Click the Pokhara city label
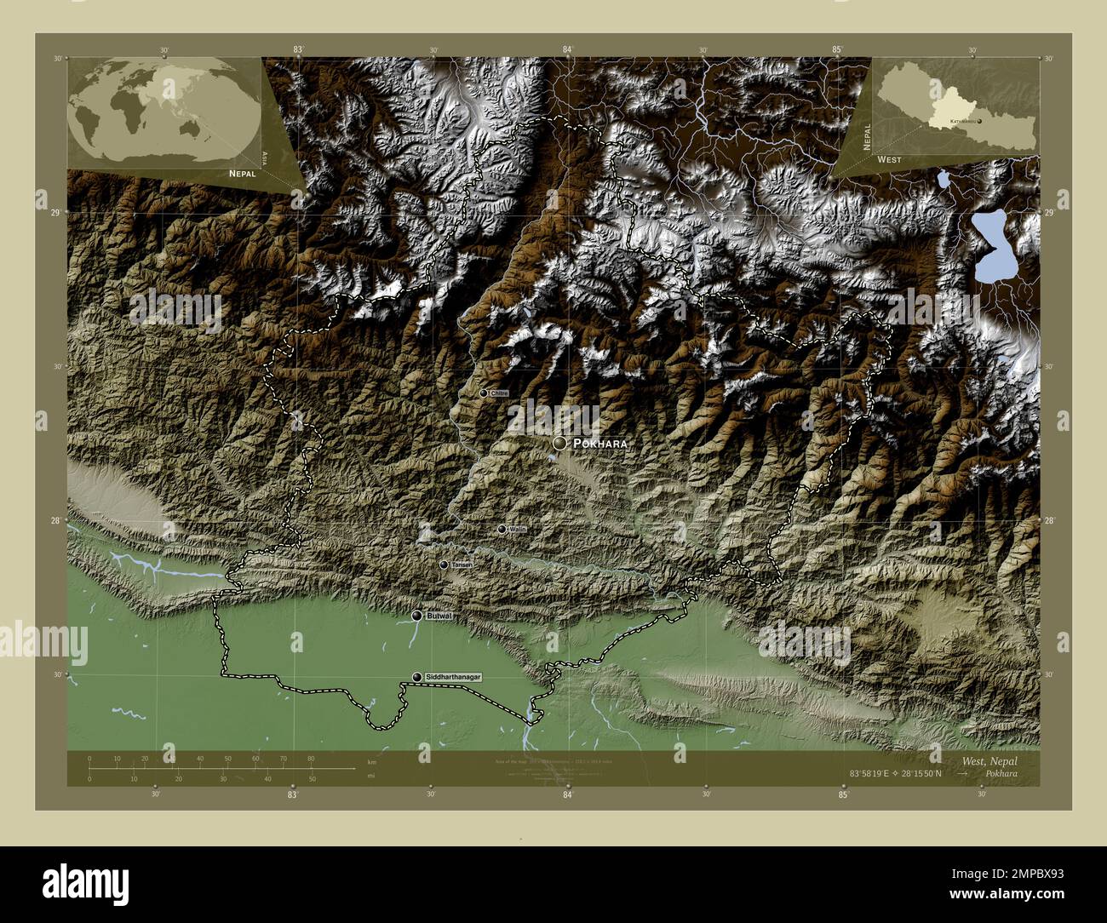click(600, 444)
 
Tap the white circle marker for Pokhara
click(559, 444)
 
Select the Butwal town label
click(439, 615)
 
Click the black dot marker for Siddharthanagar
click(416, 677)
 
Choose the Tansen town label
click(462, 565)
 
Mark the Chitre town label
click(500, 393)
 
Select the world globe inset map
click(165, 110)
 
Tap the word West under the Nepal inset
click(889, 159)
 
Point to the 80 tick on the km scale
click(311, 758)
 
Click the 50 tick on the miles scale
click(313, 778)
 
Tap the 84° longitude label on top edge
click(567, 50)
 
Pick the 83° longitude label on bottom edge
click(292, 794)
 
